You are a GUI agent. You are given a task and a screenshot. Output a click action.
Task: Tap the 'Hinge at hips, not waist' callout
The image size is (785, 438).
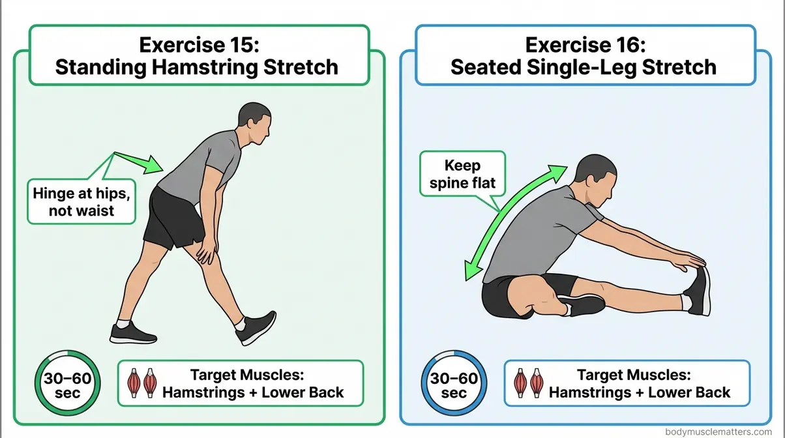pyautogui.click(x=81, y=201)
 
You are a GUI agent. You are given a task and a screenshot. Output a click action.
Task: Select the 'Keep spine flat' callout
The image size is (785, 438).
pyautogui.click(x=462, y=174)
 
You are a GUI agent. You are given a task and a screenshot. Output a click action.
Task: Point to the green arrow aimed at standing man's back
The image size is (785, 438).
pyautogui.click(x=138, y=161)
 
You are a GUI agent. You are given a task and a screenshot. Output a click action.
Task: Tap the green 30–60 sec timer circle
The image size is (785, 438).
pyautogui.click(x=67, y=385)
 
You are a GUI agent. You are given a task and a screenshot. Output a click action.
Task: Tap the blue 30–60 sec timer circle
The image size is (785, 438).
pyautogui.click(x=454, y=385)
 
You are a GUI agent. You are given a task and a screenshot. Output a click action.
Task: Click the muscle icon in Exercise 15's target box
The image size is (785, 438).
pyautogui.click(x=143, y=384)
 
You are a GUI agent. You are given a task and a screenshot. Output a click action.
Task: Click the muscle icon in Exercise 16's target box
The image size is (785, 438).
pyautogui.click(x=529, y=384)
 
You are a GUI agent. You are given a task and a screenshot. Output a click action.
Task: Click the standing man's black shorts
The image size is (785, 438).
pyautogui.click(x=171, y=218)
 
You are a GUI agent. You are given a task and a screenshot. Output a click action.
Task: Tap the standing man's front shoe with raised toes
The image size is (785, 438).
pyautogui.click(x=256, y=327)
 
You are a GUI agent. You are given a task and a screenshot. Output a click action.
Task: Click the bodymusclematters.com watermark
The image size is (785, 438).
pyautogui.click(x=724, y=431)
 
